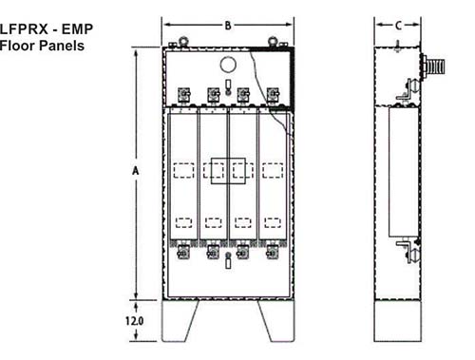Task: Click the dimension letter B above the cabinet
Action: point(228,27)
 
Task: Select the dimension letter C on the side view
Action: point(397,27)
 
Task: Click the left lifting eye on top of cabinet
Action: point(176,43)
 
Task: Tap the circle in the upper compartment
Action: point(228,65)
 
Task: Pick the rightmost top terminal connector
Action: point(274,95)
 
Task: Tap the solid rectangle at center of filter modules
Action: point(228,170)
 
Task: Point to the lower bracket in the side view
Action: point(405,250)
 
